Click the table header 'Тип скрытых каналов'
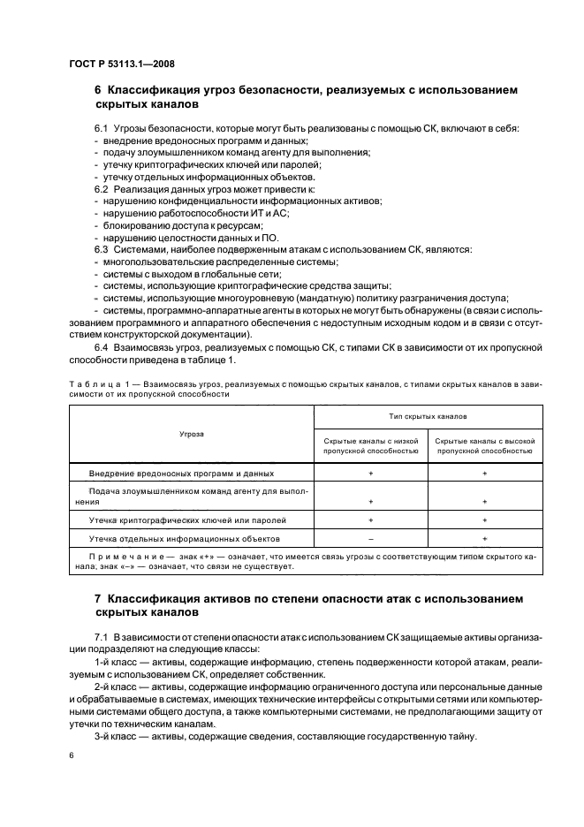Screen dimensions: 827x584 click(x=427, y=415)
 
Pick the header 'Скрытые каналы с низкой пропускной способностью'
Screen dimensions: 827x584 click(x=370, y=445)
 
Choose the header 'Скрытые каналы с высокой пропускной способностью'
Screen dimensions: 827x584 click(x=484, y=445)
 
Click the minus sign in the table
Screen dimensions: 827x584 click(x=370, y=538)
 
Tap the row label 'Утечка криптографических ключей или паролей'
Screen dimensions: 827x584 click(x=187, y=520)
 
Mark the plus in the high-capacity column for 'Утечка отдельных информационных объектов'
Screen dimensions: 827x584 click(x=484, y=538)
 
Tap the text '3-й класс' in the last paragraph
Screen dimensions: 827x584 click(x=113, y=737)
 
